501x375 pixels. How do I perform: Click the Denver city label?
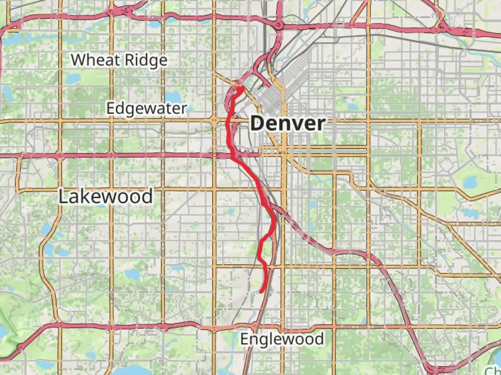point(287,123)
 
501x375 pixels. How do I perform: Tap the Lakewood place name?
point(105,197)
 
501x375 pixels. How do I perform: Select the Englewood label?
point(282,339)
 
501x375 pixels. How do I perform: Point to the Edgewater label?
point(146,108)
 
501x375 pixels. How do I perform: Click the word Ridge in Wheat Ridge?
point(146,61)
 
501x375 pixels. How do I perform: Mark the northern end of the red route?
point(240,88)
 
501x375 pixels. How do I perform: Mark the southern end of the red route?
point(261,292)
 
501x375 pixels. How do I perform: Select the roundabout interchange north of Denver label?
point(278,25)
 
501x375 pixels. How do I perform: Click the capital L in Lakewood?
point(63,197)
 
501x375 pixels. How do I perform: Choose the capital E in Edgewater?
point(110,108)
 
